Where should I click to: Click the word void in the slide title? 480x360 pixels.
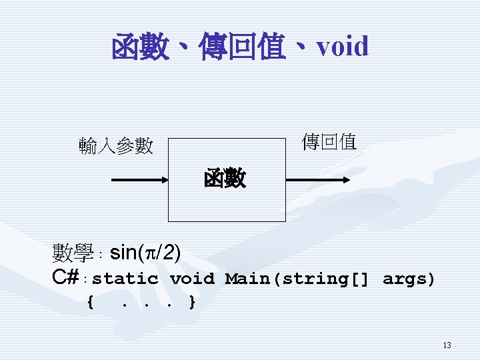point(343,47)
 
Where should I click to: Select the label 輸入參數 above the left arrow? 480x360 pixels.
point(116,145)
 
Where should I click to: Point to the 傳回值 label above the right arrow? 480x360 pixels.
point(329,141)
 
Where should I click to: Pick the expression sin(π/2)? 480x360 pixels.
point(145,253)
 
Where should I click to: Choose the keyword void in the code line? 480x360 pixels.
point(192,279)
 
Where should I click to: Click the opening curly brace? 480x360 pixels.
point(90,303)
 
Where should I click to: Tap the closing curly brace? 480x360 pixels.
point(192,303)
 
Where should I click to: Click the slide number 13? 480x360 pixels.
point(447,345)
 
